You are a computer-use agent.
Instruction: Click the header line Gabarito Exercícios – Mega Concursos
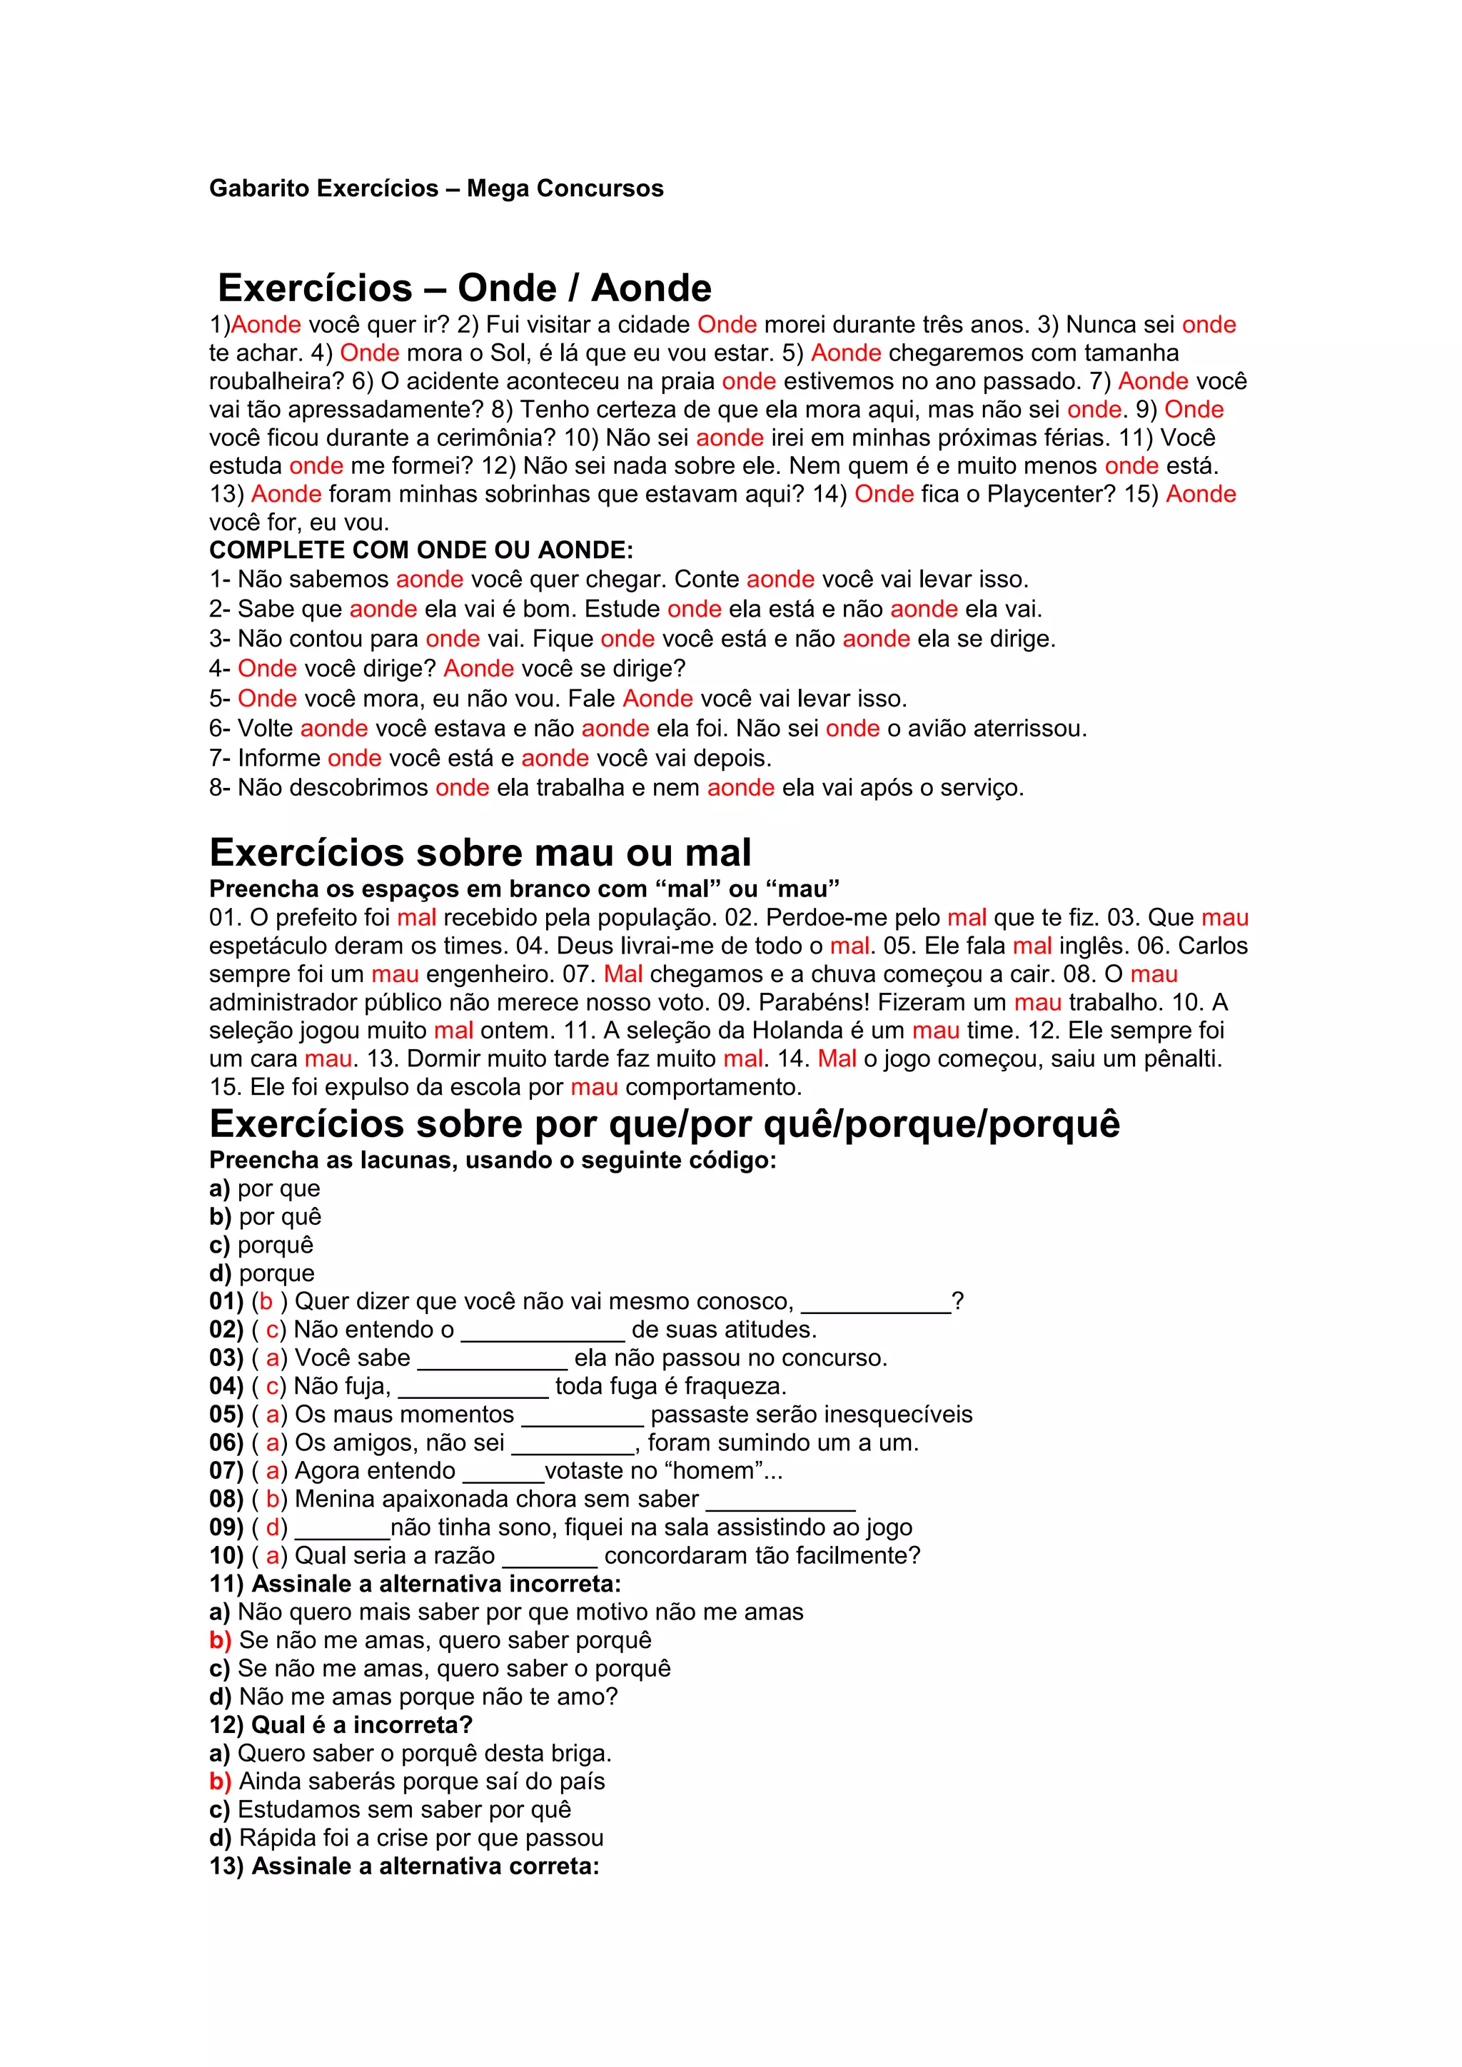point(435,188)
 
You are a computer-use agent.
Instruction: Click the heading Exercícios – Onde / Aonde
point(465,288)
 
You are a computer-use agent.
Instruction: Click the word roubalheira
point(276,382)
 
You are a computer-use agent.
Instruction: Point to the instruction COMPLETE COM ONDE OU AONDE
point(421,550)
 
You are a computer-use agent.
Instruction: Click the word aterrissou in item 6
point(1031,728)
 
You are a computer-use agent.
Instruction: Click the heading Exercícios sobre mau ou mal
point(480,852)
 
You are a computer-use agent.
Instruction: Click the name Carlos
point(1213,946)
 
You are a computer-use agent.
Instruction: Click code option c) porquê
point(261,1245)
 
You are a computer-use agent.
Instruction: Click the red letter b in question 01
point(266,1302)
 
